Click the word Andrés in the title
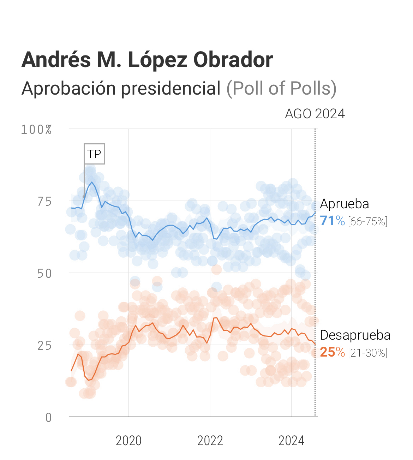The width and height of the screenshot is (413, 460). click(x=56, y=60)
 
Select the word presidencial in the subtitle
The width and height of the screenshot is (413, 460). click(x=171, y=88)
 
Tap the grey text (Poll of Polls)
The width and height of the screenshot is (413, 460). click(x=281, y=88)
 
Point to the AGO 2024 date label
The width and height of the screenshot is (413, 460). click(x=315, y=114)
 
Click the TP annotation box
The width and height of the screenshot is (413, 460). click(x=94, y=154)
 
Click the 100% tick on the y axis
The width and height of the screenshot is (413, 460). click(x=36, y=130)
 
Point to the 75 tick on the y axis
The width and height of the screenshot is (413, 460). click(x=44, y=202)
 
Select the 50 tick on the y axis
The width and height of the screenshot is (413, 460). click(x=44, y=274)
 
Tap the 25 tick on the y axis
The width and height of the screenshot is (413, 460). click(x=44, y=346)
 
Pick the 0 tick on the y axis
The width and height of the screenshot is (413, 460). click(x=48, y=418)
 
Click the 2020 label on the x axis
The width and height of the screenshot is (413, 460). click(x=128, y=441)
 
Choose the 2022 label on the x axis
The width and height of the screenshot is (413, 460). click(x=210, y=441)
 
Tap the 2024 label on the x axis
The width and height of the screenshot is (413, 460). click(x=291, y=441)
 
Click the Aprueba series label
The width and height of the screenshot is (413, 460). click(x=345, y=204)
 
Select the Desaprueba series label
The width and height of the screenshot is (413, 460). click(x=355, y=335)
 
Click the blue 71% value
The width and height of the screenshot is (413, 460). click(x=332, y=221)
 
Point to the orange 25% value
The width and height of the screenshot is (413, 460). click(x=332, y=352)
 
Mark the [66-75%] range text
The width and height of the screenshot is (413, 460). click(x=367, y=222)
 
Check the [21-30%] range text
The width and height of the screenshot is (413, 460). click(x=367, y=353)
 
